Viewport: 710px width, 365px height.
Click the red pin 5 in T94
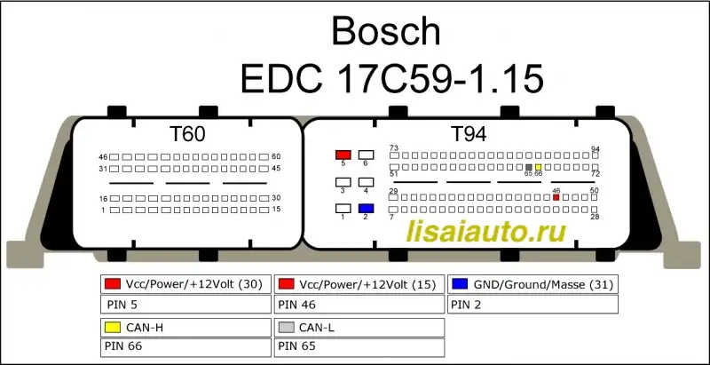(343, 155)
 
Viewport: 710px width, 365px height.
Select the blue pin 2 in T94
(366, 209)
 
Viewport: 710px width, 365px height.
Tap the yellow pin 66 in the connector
(538, 167)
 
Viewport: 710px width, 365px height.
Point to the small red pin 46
(556, 197)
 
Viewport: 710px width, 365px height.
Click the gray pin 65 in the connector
(528, 167)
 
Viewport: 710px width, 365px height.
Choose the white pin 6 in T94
(366, 155)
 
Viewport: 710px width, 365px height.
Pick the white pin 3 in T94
(343, 182)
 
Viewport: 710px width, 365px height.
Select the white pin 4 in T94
(366, 182)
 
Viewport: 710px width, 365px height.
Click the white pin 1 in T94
(343, 209)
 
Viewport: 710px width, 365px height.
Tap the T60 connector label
(187, 134)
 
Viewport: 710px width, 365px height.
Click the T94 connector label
(469, 134)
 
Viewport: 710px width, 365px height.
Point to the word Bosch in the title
(386, 32)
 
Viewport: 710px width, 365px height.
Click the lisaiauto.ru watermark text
(486, 232)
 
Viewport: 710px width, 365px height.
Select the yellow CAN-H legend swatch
(113, 328)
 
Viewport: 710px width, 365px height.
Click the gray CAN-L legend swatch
(286, 328)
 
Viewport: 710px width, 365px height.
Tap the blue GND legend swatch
(460, 284)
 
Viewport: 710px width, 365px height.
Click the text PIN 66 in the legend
(123, 346)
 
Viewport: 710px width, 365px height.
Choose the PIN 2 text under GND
(468, 305)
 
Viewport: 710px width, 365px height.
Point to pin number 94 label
(596, 149)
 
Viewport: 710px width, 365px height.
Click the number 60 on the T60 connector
(276, 156)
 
